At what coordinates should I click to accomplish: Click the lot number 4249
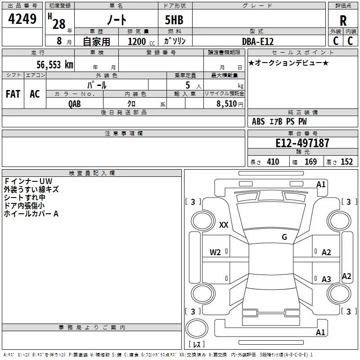click(22, 19)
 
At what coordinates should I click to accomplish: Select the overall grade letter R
click(343, 21)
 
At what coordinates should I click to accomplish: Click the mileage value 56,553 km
click(55, 65)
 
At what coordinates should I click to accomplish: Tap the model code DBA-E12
click(258, 41)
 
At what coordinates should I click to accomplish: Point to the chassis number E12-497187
click(302, 143)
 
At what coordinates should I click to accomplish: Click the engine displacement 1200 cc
click(141, 41)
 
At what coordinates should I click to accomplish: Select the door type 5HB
click(174, 20)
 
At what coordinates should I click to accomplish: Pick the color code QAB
click(75, 104)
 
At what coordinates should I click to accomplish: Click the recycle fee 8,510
click(227, 103)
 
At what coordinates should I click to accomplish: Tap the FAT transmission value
click(13, 94)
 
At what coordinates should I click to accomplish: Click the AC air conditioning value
click(35, 94)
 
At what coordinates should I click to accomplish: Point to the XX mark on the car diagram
click(224, 225)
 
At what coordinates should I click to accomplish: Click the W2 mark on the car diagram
click(215, 252)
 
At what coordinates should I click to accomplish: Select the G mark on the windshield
click(284, 237)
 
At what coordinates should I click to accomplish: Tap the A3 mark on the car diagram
click(326, 279)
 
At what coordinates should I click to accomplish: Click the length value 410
click(273, 162)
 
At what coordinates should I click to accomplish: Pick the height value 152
click(346, 162)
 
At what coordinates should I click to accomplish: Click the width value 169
click(310, 162)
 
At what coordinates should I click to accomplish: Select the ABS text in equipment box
click(258, 121)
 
